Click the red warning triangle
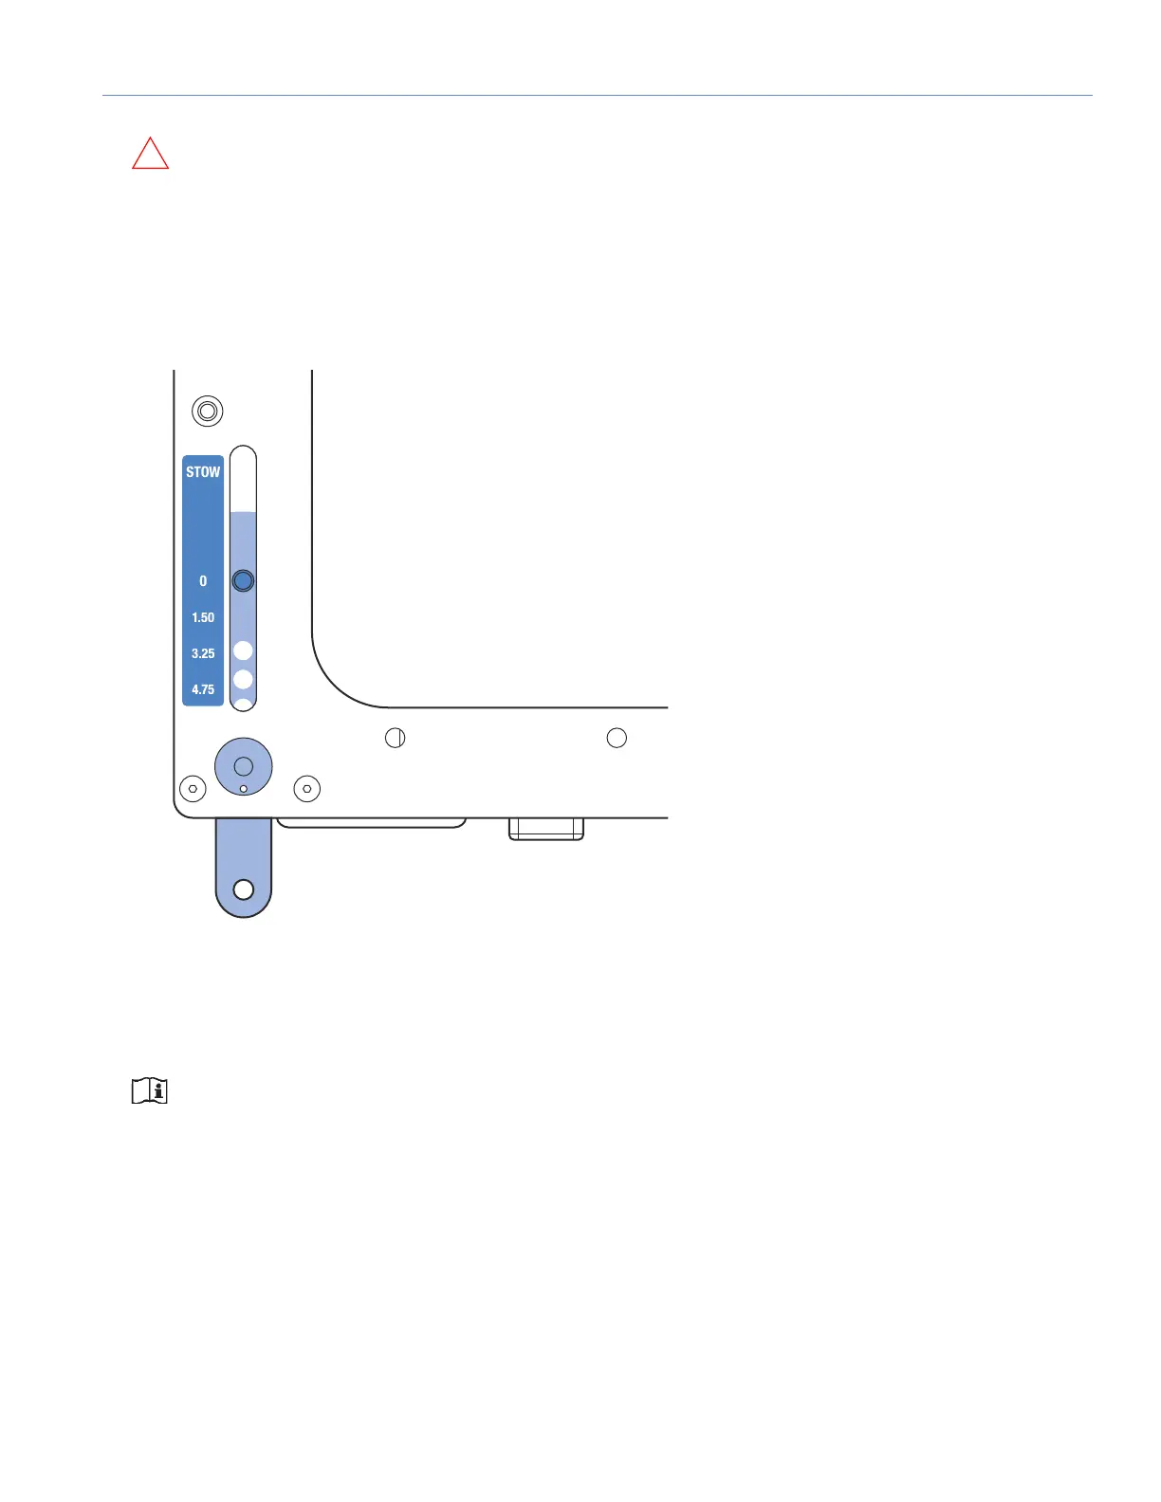coord(150,155)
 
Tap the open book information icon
coord(149,1090)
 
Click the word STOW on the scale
coord(203,472)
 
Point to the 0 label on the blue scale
coord(203,581)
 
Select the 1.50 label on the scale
coord(203,617)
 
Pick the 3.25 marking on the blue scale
coord(203,653)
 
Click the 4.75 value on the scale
coord(203,689)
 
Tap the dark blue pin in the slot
coord(243,580)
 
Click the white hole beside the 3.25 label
coord(243,650)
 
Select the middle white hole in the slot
coord(243,680)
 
